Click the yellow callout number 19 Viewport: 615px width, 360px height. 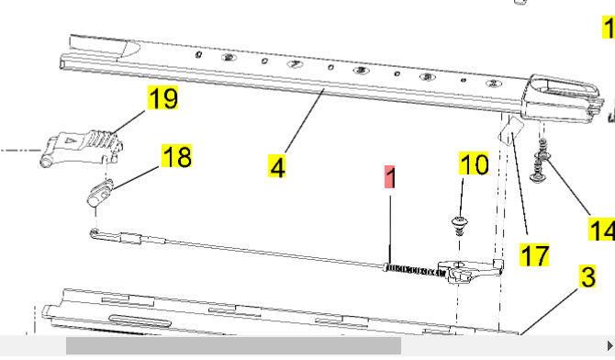tap(162, 97)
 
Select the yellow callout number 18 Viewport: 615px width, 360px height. tap(176, 156)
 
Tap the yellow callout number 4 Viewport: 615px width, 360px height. tap(277, 166)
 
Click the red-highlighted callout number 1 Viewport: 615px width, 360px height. tap(390, 177)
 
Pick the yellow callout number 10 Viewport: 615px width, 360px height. tap(474, 163)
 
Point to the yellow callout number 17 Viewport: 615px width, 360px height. tap(534, 254)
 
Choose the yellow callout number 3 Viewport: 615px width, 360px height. tap(587, 276)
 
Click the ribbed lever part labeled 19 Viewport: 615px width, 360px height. tap(83, 148)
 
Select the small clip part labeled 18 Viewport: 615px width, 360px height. tap(100, 193)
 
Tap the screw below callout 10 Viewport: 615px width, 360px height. tap(460, 225)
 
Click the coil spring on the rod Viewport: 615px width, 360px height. tap(415, 270)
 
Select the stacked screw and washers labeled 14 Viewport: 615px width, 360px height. tap(540, 162)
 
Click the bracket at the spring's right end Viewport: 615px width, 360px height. tap(471, 270)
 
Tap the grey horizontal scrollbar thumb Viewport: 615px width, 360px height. tap(233, 346)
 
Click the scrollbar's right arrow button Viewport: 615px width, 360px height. tap(609, 346)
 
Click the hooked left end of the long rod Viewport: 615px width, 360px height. tap(95, 234)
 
